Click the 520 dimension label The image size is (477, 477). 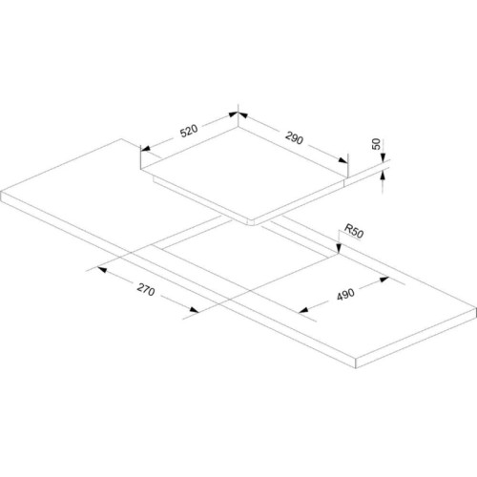coord(189,131)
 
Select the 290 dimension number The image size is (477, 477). coord(295,137)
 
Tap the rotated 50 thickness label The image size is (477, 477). coord(376,144)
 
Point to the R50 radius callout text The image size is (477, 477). coord(354,231)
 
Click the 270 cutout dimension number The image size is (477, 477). coord(146,289)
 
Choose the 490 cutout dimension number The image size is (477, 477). coord(345,294)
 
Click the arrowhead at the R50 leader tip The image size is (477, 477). coord(339,248)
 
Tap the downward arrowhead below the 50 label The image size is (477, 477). coord(383,157)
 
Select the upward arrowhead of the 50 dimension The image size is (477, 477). coord(383,176)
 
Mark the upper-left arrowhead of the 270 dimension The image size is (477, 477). coord(102,270)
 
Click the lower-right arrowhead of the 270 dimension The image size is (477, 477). coord(194,310)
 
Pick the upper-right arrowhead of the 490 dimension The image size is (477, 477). coord(384,280)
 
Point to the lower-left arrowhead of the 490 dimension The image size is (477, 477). coord(303,309)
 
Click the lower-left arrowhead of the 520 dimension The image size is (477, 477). coord(145,148)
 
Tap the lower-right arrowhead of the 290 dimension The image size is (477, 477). coord(343,160)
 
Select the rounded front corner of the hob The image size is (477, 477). coord(253,222)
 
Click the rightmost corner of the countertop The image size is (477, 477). coord(476,308)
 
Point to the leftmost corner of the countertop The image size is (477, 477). coord(1,192)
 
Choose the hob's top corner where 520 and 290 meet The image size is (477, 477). coord(238,126)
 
